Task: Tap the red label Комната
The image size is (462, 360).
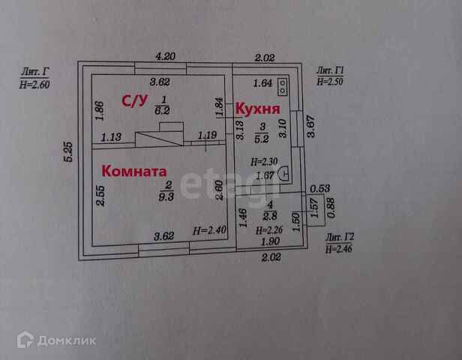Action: (x=134, y=171)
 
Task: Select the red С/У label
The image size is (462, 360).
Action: (x=135, y=100)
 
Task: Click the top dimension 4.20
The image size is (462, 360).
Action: (x=165, y=56)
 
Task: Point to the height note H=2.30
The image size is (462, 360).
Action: (x=263, y=161)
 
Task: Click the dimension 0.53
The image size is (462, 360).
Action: (x=320, y=189)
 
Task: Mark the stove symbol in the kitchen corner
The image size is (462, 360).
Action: (x=283, y=87)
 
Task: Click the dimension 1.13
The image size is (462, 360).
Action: (x=111, y=136)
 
